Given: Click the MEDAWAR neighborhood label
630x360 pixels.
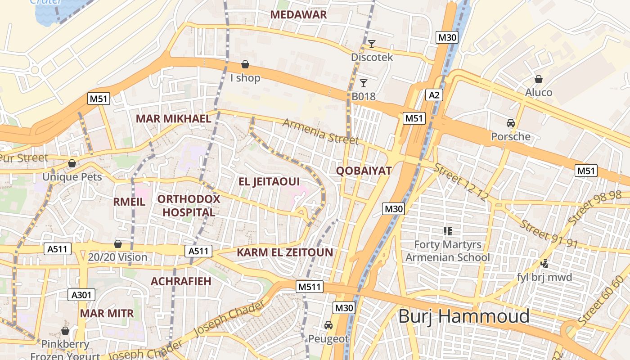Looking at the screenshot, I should click(x=298, y=14).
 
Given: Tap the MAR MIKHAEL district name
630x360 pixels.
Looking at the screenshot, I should click(x=173, y=119).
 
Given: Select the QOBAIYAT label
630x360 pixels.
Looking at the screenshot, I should click(x=364, y=171).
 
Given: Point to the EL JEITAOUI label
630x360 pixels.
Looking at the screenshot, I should click(x=269, y=182).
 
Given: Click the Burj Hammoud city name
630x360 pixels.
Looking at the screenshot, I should click(x=464, y=316).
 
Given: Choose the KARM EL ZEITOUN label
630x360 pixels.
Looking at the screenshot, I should click(x=285, y=252).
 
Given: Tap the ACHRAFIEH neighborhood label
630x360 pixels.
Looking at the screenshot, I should click(x=181, y=281).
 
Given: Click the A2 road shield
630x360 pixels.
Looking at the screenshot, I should click(x=434, y=95).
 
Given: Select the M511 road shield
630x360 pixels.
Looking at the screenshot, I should click(x=310, y=286).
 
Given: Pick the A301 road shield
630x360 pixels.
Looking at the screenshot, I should click(x=81, y=295).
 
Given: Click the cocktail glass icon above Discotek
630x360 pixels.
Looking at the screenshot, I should click(x=372, y=44).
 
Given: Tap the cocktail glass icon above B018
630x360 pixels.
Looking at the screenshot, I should click(x=364, y=83).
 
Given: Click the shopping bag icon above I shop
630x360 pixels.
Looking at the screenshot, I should click(x=245, y=64).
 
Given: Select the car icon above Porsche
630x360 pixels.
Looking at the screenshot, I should click(x=510, y=123).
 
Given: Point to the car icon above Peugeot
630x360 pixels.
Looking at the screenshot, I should click(x=328, y=325).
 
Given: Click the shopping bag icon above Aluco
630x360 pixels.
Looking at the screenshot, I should click(x=538, y=79).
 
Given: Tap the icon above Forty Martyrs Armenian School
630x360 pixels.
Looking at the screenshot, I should click(x=447, y=231).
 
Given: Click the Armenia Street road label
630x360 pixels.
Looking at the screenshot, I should click(x=320, y=131).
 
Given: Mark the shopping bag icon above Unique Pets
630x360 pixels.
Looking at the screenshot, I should click(x=72, y=163).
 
